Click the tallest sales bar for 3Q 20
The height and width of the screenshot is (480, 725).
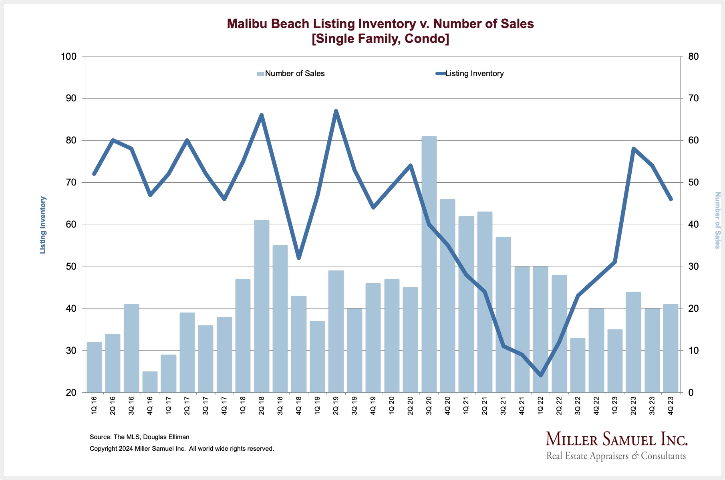coord(429,264)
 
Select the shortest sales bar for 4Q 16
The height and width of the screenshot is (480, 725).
coord(150,382)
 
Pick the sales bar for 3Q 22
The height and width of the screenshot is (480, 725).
coord(577,365)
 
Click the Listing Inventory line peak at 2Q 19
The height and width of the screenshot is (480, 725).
coord(336,111)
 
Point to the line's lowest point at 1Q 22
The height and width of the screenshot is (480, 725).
coord(540,375)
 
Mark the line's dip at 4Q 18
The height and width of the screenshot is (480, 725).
coord(298,258)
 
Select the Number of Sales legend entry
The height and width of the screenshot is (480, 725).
coord(291,74)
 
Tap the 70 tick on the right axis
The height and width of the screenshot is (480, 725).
coord(693,99)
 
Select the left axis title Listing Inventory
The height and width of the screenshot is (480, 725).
coord(43,225)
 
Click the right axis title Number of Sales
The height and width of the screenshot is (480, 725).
coord(717,220)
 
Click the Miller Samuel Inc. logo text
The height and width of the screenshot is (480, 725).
coord(616,440)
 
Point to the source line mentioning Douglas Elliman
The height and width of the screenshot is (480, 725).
coord(139,437)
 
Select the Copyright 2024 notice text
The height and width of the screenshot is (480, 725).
coord(181,449)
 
